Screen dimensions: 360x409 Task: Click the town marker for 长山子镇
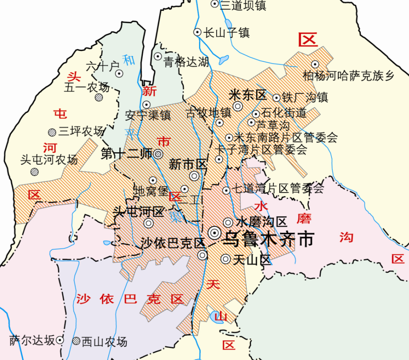point(197,32)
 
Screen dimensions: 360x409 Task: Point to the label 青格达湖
point(187,62)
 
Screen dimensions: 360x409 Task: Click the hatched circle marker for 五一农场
point(99,97)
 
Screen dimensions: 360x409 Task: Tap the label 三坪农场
point(81,131)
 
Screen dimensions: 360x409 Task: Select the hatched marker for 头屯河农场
point(35,171)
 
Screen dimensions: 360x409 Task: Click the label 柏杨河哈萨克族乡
point(349,76)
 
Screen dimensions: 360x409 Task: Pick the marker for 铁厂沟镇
point(276,98)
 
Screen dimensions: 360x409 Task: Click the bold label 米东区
point(247,95)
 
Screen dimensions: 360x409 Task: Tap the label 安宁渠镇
point(148,115)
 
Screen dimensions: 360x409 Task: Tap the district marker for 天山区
point(225,260)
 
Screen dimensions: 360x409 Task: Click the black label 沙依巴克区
point(173,243)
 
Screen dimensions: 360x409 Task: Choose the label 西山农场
point(105,342)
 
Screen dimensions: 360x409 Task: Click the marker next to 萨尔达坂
point(60,340)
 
